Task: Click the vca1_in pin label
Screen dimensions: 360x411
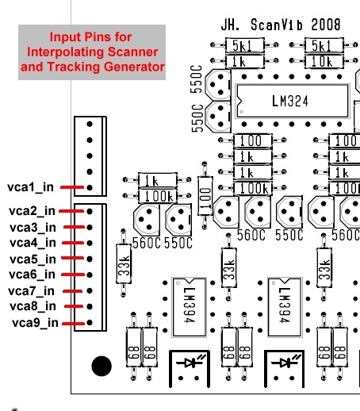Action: click(x=30, y=187)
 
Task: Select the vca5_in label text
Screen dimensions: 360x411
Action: click(x=33, y=259)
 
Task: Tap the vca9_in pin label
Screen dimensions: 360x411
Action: click(x=35, y=323)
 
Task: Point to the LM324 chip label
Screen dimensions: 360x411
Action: click(x=290, y=101)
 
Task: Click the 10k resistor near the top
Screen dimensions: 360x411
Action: click(x=324, y=61)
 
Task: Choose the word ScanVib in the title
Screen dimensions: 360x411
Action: click(x=277, y=25)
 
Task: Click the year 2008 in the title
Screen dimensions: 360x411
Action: click(x=326, y=25)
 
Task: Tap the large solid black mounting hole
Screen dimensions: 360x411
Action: click(x=101, y=366)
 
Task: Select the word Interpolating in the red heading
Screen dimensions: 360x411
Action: click(x=67, y=52)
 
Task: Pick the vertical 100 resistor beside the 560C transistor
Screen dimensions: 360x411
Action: click(x=205, y=195)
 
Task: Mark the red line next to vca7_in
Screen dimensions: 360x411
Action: click(x=72, y=291)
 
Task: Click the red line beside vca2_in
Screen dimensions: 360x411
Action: click(x=71, y=211)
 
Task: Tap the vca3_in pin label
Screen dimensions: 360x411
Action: click(x=33, y=228)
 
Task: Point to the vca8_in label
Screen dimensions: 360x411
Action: click(x=33, y=306)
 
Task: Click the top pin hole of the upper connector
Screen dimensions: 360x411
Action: click(x=90, y=124)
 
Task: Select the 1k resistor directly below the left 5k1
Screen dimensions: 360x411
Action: click(x=244, y=61)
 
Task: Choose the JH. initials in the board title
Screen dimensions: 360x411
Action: click(x=230, y=25)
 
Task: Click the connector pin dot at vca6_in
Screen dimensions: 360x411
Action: click(x=90, y=275)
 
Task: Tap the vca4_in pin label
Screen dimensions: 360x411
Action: click(x=33, y=243)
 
